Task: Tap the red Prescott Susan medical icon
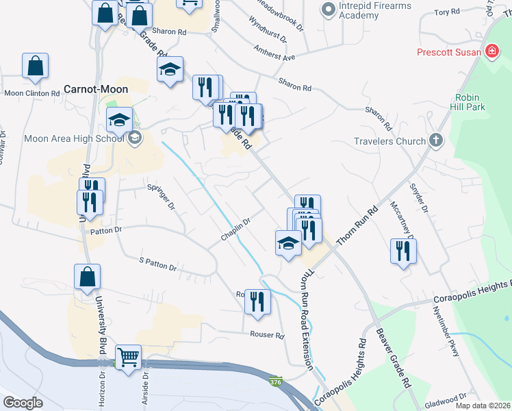click(x=491, y=52)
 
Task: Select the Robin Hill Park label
click(x=468, y=102)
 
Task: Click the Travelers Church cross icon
click(x=436, y=141)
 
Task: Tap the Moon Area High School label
click(x=74, y=138)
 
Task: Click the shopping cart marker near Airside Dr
click(x=128, y=357)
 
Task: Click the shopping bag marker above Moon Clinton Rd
click(x=36, y=66)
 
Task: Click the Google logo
click(x=23, y=402)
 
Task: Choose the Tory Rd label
click(x=446, y=12)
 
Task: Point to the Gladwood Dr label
click(x=445, y=396)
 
